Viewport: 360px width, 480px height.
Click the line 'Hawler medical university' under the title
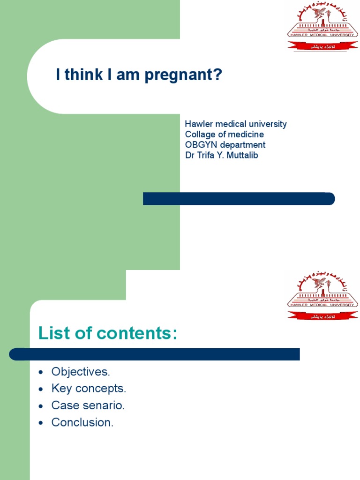(x=236, y=124)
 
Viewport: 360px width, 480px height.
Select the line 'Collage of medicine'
(x=225, y=135)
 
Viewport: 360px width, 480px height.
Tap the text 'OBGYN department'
(x=225, y=145)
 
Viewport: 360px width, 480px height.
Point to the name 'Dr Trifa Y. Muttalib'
(x=221, y=155)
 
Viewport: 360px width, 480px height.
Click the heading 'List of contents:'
(x=108, y=333)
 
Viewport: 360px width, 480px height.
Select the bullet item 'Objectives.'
(x=81, y=372)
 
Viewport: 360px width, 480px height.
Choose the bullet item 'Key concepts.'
(x=89, y=389)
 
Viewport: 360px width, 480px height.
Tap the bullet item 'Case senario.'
(x=88, y=405)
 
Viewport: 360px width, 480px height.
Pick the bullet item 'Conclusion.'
(x=82, y=422)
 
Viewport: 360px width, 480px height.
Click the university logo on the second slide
(x=322, y=296)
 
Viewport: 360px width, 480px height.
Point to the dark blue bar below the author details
(x=239, y=199)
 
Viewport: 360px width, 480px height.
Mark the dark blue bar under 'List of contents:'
(x=155, y=354)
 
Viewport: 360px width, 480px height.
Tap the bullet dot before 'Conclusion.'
(x=42, y=423)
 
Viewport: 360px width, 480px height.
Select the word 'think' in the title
(x=80, y=75)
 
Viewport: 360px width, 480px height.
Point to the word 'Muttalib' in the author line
(x=242, y=155)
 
